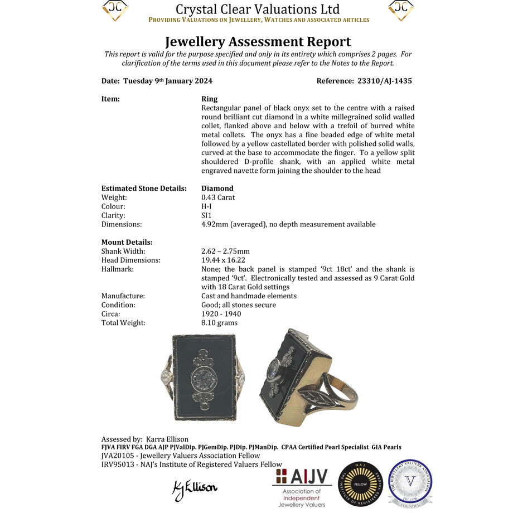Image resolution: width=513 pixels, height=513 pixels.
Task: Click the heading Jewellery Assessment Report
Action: click(258, 42)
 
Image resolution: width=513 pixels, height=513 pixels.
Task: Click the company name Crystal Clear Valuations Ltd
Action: click(258, 9)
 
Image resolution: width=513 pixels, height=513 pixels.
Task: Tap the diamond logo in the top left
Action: click(115, 10)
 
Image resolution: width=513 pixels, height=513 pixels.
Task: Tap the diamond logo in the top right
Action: click(400, 10)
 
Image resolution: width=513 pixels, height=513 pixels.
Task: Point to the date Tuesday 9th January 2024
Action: click(167, 81)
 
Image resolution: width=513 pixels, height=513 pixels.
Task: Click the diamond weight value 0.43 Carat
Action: click(218, 197)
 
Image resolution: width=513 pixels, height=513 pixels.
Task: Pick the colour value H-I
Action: click(207, 206)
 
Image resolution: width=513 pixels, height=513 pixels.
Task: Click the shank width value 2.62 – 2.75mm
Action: click(225, 251)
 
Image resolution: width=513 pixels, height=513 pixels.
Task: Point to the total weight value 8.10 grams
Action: click(219, 323)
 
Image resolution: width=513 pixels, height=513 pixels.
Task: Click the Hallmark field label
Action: click(117, 269)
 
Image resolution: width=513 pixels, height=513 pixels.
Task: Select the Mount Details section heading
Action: click(127, 242)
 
